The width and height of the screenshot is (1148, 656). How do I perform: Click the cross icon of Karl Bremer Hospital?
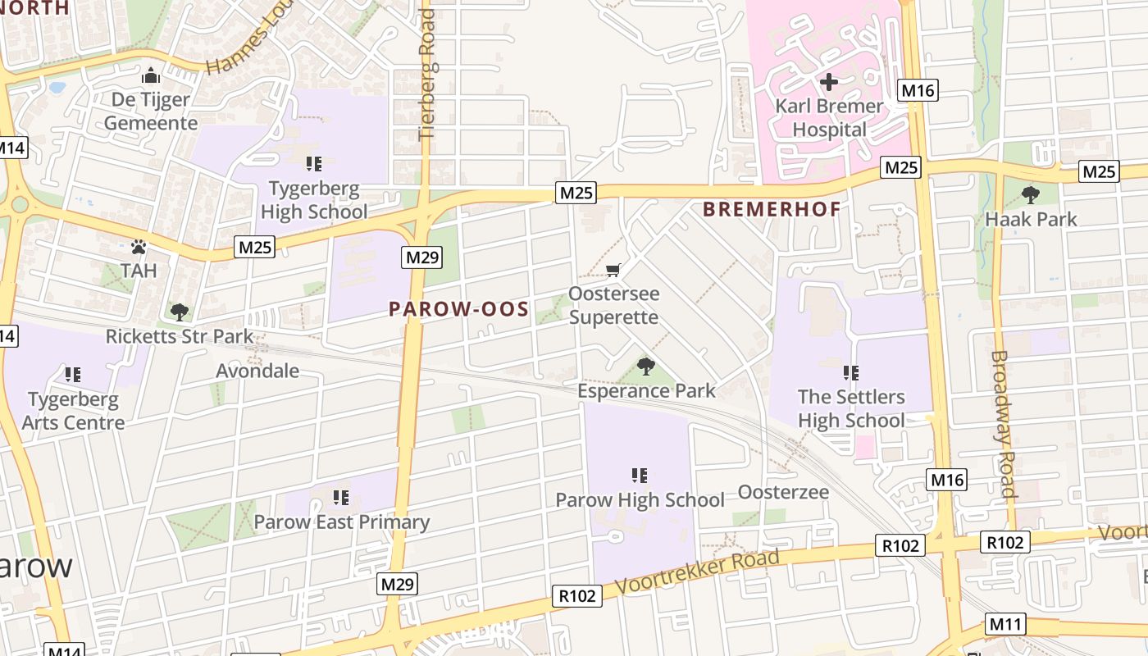[x=829, y=82]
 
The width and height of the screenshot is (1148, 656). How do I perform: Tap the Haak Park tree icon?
[x=1031, y=195]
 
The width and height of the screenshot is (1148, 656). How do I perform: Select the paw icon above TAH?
[x=139, y=247]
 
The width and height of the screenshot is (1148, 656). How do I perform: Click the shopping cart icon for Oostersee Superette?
[x=613, y=270]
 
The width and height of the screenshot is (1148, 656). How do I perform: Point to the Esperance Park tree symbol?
[x=646, y=367]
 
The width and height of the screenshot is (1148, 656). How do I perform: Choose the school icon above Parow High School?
[x=640, y=476]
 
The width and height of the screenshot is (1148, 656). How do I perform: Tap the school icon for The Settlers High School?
[x=851, y=373]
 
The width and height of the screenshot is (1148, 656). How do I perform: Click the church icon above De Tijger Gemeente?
[x=151, y=76]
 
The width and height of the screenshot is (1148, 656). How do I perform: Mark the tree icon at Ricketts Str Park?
[x=179, y=312]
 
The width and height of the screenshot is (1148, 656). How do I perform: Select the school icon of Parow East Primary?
[x=341, y=498]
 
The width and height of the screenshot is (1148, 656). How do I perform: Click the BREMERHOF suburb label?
[x=772, y=209]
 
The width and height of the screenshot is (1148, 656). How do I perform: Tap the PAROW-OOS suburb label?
[x=458, y=309]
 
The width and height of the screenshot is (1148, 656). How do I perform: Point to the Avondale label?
[x=257, y=371]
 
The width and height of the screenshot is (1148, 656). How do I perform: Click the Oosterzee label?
[x=783, y=492]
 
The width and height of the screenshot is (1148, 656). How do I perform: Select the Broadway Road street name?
[x=1003, y=424]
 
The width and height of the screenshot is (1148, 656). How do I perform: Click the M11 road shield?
[x=1006, y=625]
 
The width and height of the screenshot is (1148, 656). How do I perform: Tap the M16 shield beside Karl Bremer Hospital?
[x=918, y=90]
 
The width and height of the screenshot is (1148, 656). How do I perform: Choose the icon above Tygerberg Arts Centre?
[x=73, y=375]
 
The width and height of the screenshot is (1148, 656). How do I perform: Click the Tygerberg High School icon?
[x=313, y=164]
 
